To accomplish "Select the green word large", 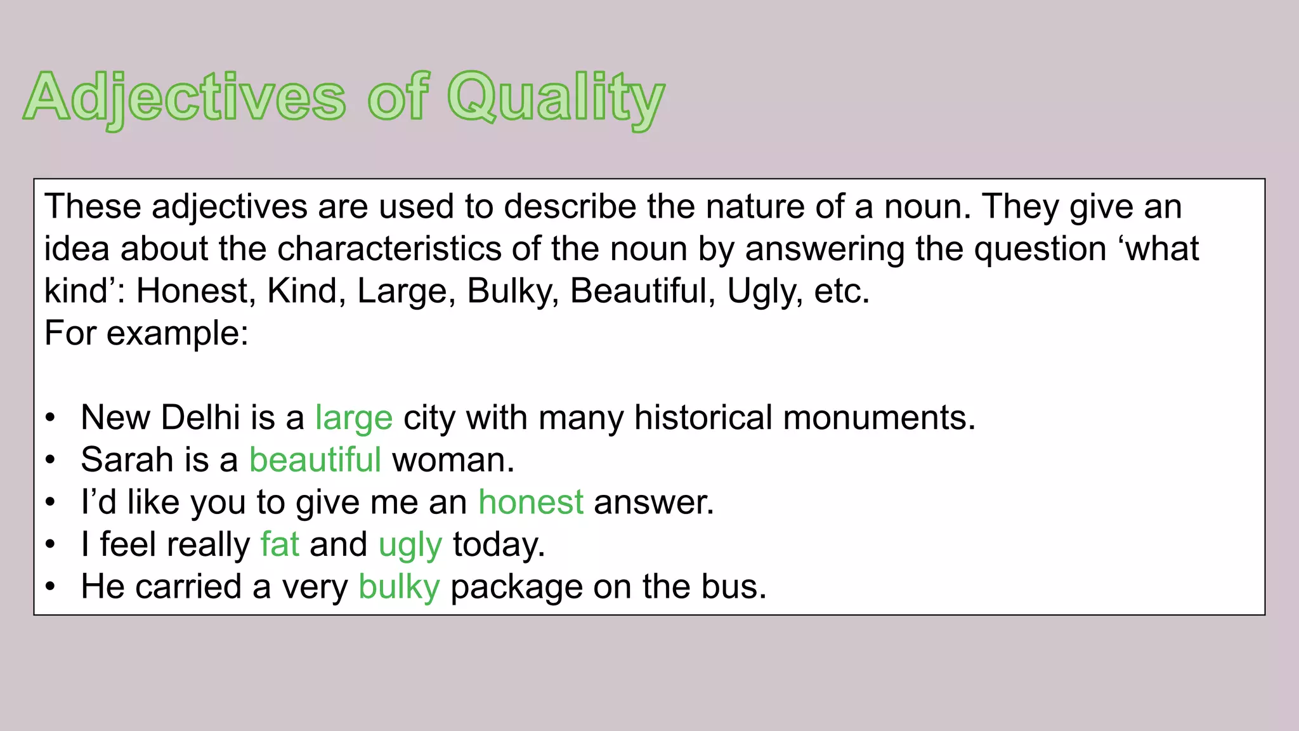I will tap(354, 418).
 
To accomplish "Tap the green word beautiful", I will tap(315, 460).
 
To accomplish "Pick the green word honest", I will tap(531, 503).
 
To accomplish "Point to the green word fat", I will tap(280, 544).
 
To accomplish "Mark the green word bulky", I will tap(399, 587).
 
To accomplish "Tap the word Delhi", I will tap(200, 418).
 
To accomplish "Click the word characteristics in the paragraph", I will tap(389, 249).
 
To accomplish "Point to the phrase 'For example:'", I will tap(147, 333).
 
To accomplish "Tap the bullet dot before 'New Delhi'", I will tap(51, 419).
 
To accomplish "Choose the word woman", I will tap(453, 460).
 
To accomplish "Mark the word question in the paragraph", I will tap(1040, 249).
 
